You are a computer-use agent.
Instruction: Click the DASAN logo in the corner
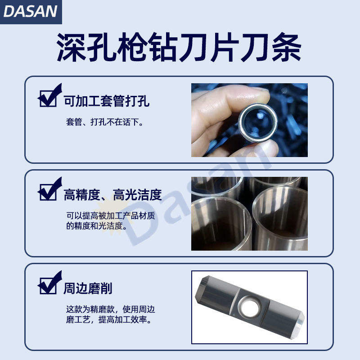[x=31, y=12]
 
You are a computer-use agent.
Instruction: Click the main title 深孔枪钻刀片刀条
[x=179, y=47]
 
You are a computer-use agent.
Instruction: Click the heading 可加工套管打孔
[x=107, y=101]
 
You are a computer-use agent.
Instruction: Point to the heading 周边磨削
[x=88, y=288]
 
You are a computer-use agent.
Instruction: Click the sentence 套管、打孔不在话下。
[x=105, y=122]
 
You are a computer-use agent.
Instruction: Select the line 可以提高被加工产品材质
[x=111, y=216]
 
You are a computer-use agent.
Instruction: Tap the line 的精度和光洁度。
[x=97, y=226]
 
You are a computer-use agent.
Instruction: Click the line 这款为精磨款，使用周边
[x=111, y=309]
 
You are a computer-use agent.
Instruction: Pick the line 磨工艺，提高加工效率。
[x=109, y=319]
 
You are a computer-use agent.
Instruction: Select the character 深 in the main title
[x=72, y=47]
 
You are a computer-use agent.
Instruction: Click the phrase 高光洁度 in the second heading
[x=137, y=195]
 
